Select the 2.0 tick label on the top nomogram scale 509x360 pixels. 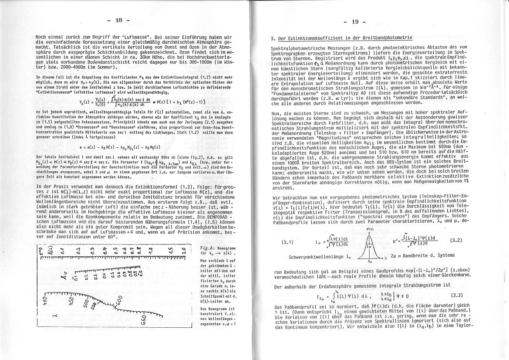tap(183, 251)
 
